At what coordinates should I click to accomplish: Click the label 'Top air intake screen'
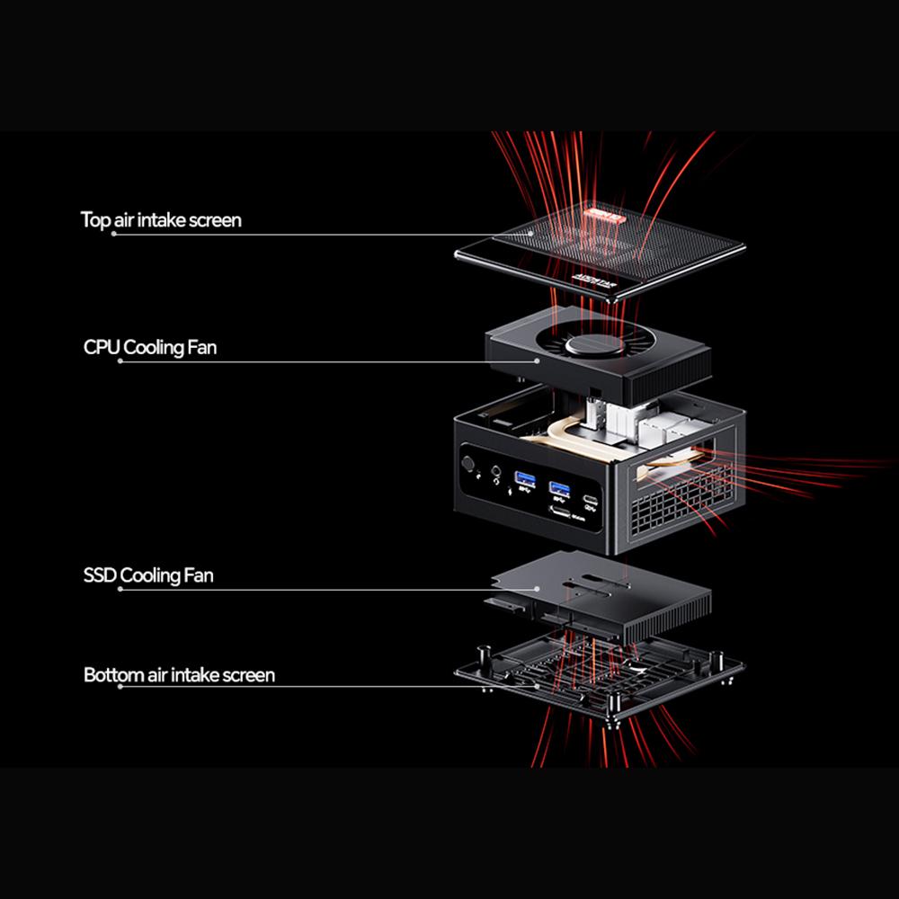pyautogui.click(x=161, y=219)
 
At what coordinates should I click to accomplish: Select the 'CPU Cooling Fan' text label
pyautogui.click(x=149, y=347)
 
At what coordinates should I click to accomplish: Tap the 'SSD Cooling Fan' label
pyautogui.click(x=148, y=575)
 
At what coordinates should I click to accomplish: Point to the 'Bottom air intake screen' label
pyautogui.click(x=179, y=674)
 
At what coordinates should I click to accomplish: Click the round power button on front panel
pyautogui.click(x=467, y=465)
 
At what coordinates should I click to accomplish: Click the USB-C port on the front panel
pyautogui.click(x=591, y=501)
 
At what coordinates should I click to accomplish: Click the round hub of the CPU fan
pyautogui.click(x=591, y=347)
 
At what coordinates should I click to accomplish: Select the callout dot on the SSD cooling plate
pyautogui.click(x=538, y=590)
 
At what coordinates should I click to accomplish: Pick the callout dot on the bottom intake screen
pyautogui.click(x=538, y=686)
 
